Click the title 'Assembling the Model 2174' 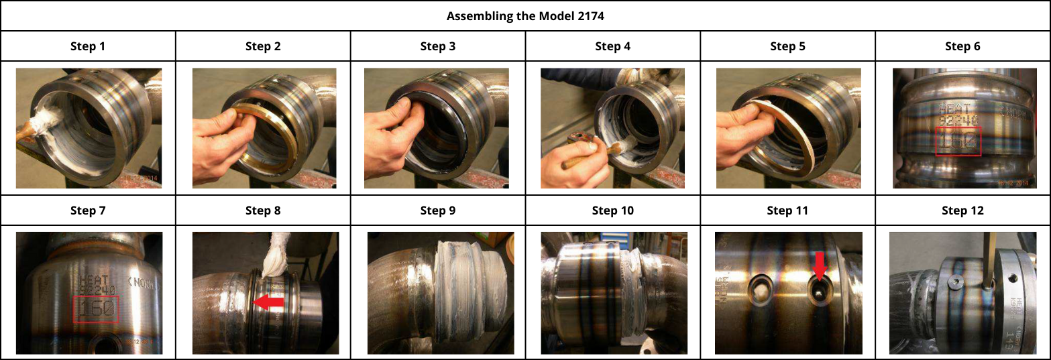[x=525, y=16]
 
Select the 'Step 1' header [x=88, y=46]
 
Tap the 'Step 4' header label [x=612, y=46]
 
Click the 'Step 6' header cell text [x=962, y=46]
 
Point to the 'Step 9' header [x=438, y=211]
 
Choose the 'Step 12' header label [x=962, y=211]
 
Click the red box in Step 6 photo [x=958, y=141]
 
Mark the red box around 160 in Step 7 [x=95, y=309]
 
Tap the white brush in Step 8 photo [x=275, y=258]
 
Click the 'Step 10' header [x=612, y=211]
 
